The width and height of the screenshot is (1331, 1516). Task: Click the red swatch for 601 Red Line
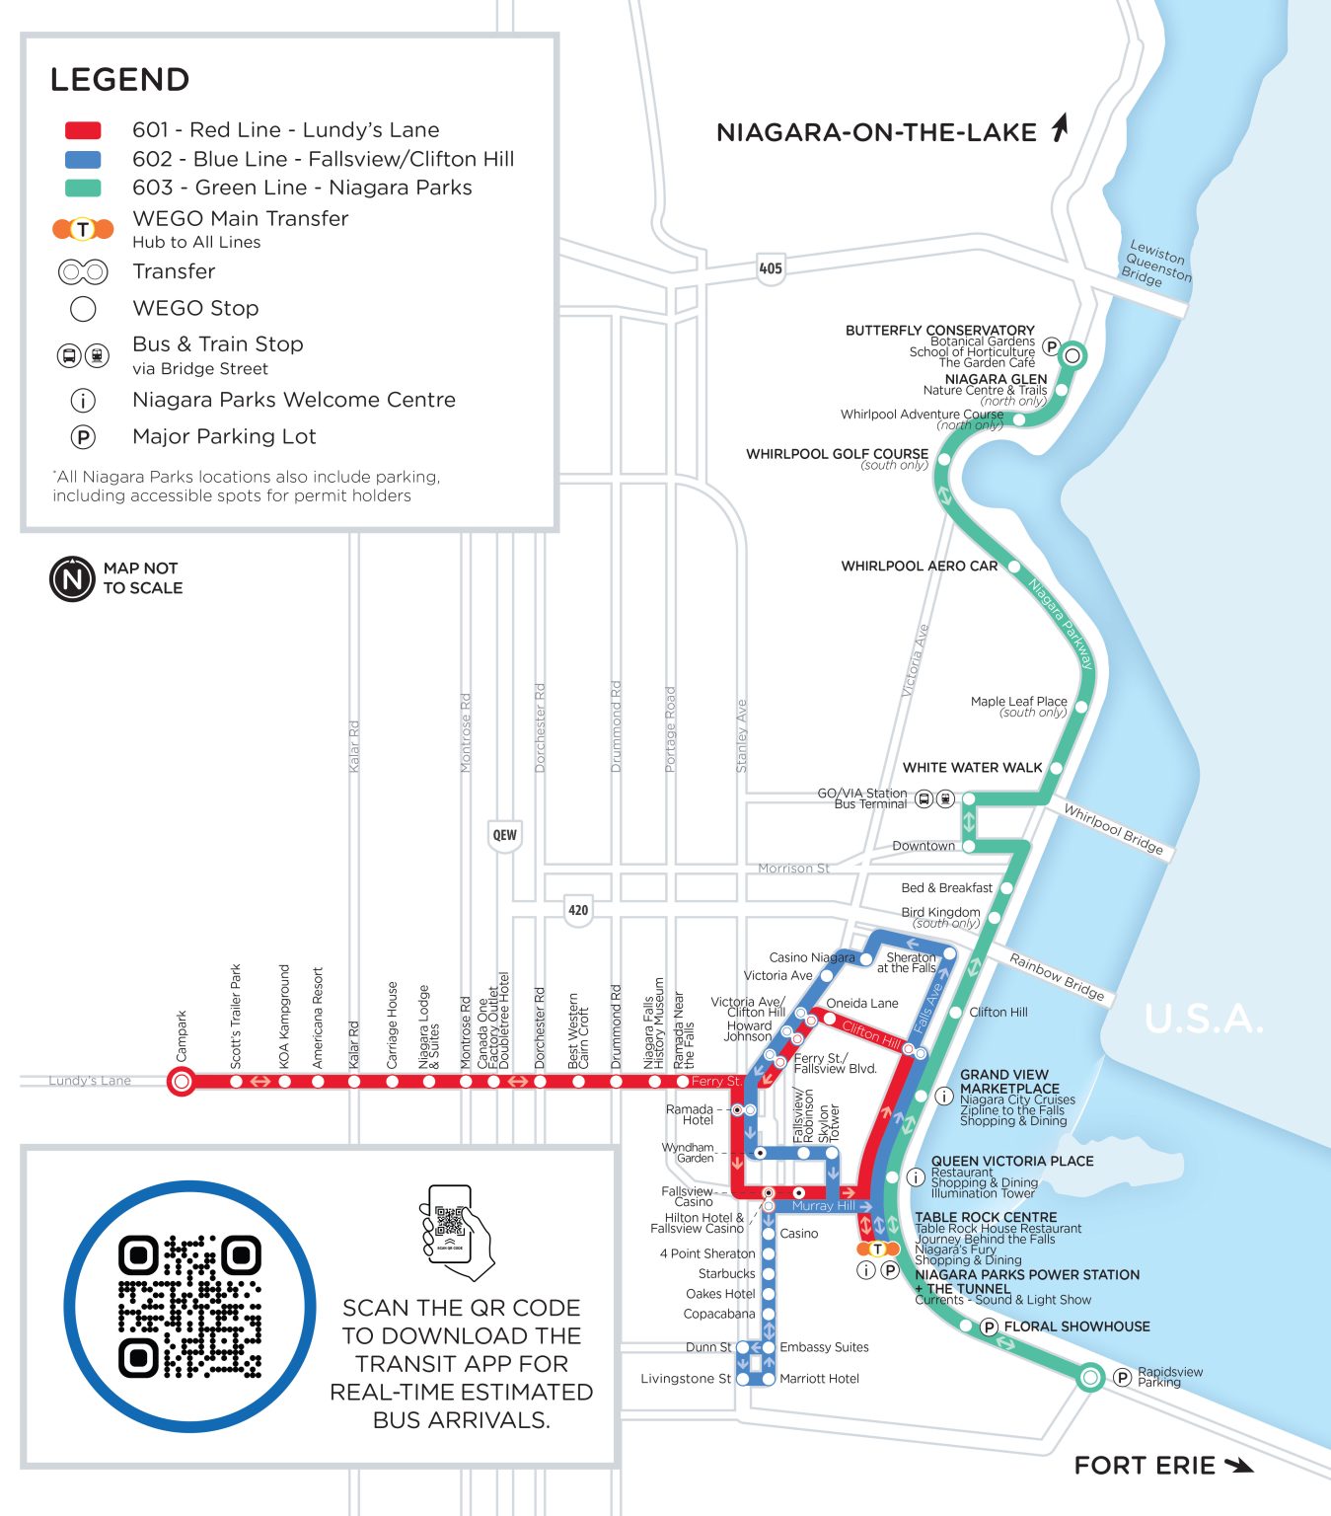83,130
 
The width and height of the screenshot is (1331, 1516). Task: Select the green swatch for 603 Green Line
83,188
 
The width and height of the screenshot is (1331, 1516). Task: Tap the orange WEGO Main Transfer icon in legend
83,229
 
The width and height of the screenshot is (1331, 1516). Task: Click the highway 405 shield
771,268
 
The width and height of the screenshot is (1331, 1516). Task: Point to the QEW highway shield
504,835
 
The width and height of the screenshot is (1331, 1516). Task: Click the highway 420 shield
578,910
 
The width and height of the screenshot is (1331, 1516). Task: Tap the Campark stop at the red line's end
182,1082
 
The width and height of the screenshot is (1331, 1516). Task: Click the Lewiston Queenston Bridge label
1158,263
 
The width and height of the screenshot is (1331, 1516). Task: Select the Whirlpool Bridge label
1113,829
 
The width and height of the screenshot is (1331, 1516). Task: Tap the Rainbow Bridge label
1057,976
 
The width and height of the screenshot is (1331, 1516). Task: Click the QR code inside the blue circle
189,1306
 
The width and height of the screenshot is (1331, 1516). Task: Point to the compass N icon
72,578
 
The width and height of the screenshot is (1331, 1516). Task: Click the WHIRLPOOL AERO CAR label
919,567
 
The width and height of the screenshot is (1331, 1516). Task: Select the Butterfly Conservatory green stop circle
1072,355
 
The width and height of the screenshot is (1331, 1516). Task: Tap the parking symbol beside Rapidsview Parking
1122,1377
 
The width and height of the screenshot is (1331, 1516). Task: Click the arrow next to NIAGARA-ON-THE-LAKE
1060,128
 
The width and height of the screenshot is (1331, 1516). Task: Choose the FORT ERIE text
1145,1466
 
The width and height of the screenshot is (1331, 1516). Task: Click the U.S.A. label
1204,1019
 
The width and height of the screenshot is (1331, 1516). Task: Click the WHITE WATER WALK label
972,768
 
